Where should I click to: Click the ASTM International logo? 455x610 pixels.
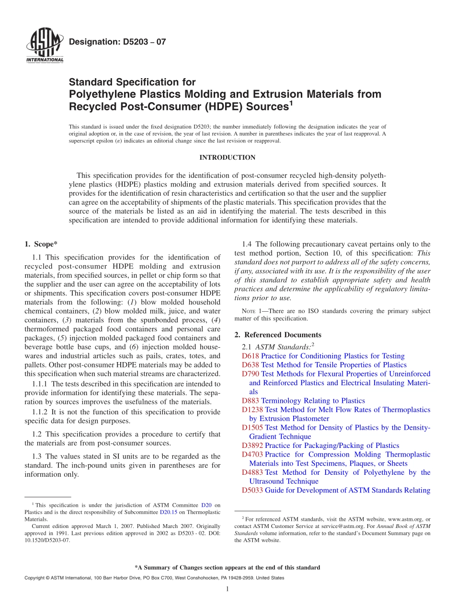pyautogui.click(x=45, y=47)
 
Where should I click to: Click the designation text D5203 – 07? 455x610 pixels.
pyautogui.click(x=117, y=42)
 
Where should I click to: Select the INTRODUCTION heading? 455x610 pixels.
pyautogui.click(x=227, y=157)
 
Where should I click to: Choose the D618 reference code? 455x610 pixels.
pyautogui.click(x=250, y=356)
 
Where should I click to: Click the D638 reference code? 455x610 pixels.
pyautogui.click(x=250, y=365)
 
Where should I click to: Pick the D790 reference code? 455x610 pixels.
pyautogui.click(x=250, y=374)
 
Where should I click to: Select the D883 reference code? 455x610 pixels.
pyautogui.click(x=250, y=400)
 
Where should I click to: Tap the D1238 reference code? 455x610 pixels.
pyautogui.click(x=252, y=410)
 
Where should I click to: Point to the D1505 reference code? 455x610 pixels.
pyautogui.click(x=252, y=427)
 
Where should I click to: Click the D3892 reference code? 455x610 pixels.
pyautogui.click(x=252, y=446)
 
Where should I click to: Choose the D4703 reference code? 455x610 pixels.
pyautogui.click(x=252, y=454)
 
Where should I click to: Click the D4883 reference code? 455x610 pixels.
pyautogui.click(x=252, y=472)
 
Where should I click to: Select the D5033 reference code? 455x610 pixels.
pyautogui.click(x=252, y=490)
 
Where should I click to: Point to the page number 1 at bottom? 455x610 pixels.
pyautogui.click(x=227, y=589)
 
